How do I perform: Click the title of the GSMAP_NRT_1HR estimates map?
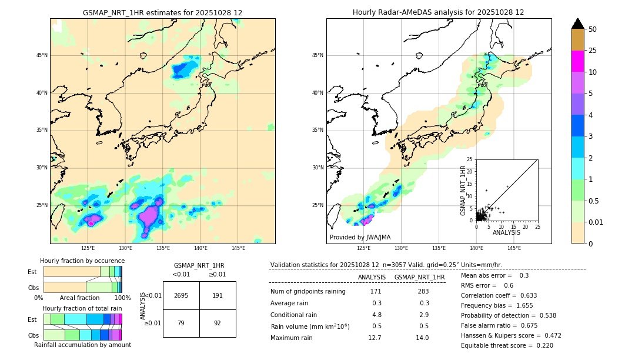[162, 12]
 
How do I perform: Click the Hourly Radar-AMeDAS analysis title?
[438, 12]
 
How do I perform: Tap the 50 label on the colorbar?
[593, 29]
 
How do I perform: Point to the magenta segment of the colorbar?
[577, 61]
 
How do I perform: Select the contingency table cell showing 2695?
[181, 295]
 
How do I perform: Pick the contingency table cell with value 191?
[218, 295]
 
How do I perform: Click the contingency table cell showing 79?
[181, 323]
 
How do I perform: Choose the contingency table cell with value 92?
[218, 323]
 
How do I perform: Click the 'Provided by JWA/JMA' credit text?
[360, 238]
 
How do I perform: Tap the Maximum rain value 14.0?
[422, 338]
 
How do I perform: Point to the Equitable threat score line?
[507, 345]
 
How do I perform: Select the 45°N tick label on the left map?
[42, 55]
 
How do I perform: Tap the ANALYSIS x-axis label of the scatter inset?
[506, 232]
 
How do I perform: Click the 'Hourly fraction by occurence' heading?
[82, 261]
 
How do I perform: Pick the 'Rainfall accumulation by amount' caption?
[82, 345]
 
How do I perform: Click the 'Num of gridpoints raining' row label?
[308, 292]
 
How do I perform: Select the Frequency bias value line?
[496, 305]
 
